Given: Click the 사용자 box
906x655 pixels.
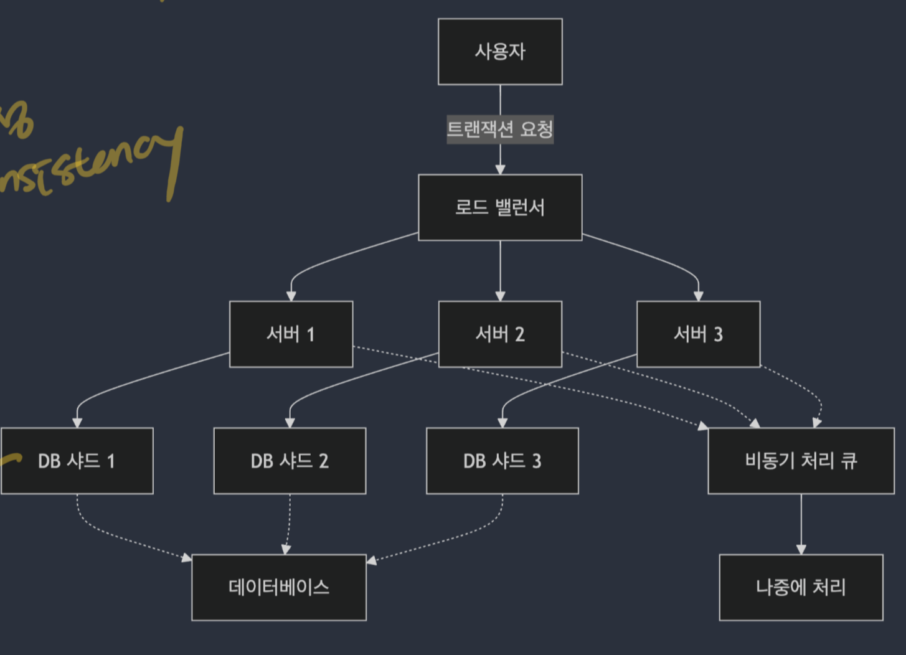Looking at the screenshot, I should (500, 52).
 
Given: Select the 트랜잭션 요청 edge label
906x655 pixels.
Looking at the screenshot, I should (500, 130).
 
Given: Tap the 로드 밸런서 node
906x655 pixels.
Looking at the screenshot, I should (500, 207).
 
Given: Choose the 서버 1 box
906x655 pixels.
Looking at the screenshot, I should (291, 334).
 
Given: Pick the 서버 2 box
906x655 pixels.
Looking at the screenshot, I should (500, 334).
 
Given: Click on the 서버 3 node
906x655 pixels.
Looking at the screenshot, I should (698, 334).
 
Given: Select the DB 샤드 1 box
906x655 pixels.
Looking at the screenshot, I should (77, 461).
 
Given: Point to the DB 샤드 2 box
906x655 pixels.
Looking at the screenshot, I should (290, 461).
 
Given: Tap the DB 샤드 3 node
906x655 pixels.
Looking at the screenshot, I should (502, 461).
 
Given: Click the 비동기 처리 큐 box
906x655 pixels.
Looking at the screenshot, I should (801, 461).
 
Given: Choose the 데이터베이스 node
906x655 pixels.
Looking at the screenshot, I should (279, 587).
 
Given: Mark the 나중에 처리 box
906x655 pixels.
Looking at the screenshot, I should (801, 587).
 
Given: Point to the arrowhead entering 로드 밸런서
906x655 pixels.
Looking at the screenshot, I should (500, 169).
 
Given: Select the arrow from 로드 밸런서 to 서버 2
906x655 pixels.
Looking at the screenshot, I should (500, 268).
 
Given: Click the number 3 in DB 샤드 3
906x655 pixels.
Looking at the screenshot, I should (536, 461).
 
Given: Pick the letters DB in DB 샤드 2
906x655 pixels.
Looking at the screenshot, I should (262, 461).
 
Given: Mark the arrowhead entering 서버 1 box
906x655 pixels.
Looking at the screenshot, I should (291, 296).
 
